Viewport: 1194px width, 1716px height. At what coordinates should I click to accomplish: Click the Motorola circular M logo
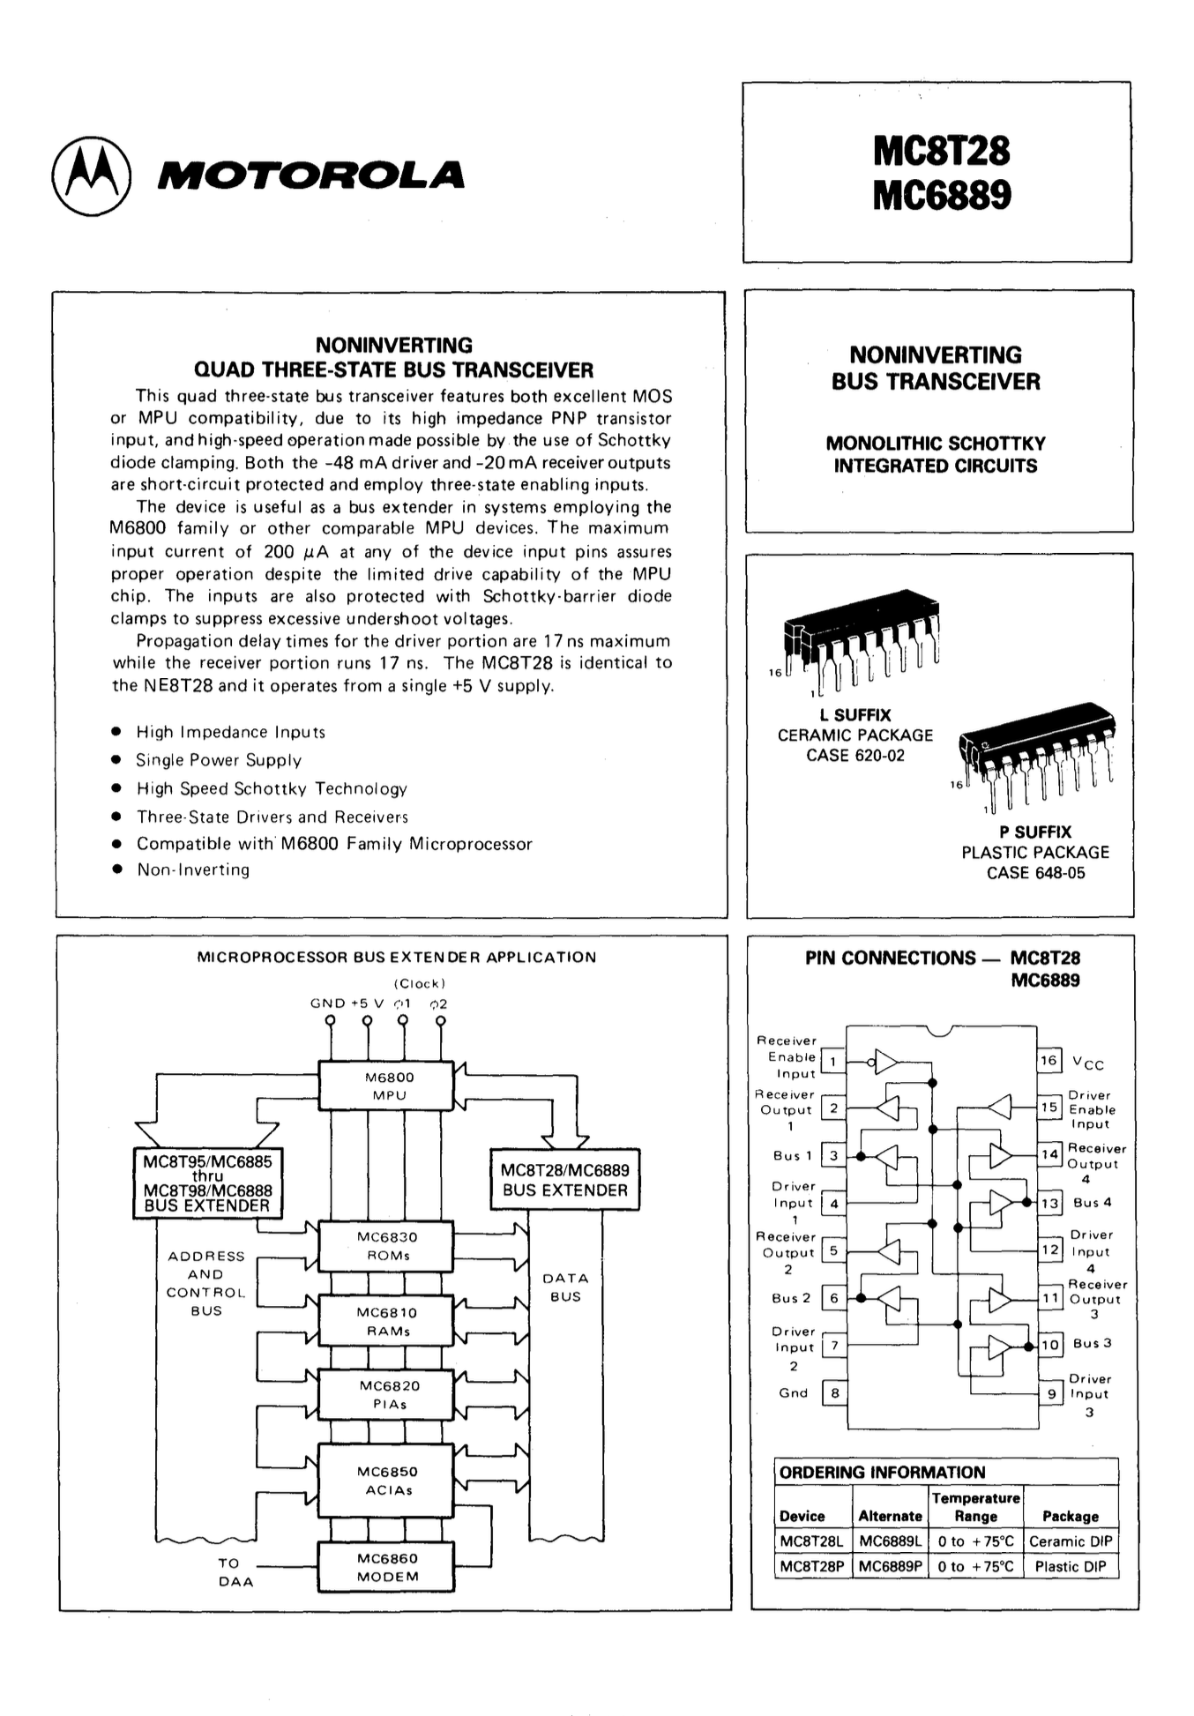pos(92,175)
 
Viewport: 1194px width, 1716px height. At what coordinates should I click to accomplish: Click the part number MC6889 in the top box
pos(942,196)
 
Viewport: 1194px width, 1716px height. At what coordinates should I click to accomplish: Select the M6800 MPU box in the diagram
pos(388,1086)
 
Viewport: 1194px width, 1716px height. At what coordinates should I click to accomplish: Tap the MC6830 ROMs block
pos(388,1246)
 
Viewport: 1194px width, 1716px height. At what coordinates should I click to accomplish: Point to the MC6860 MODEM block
pos(387,1567)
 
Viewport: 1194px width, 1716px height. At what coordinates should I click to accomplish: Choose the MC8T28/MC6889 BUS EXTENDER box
pos(564,1180)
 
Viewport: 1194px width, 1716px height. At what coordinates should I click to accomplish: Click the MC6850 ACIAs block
pos(387,1481)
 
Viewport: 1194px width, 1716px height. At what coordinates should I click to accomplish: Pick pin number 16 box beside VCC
pos(1048,1060)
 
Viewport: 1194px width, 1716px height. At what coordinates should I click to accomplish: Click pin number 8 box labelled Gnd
pos(834,1393)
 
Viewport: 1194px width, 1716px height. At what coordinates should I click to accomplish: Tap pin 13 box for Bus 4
pos(1049,1203)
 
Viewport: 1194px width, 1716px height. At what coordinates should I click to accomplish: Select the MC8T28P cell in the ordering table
pos(812,1566)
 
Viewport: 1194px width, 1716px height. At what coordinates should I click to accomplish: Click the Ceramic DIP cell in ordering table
pos(1071,1541)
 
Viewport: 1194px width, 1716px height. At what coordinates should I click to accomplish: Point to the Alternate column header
pos(890,1516)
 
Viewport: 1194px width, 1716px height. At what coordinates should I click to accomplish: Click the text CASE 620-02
pos(854,756)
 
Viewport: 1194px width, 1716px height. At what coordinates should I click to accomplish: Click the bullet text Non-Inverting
pos(193,870)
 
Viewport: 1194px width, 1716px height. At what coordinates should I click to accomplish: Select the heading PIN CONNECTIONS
pos(891,959)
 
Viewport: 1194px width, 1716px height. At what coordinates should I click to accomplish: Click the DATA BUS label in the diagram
pos(564,1287)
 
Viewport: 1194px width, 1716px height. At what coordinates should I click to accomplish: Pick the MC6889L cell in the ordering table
pos(890,1541)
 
